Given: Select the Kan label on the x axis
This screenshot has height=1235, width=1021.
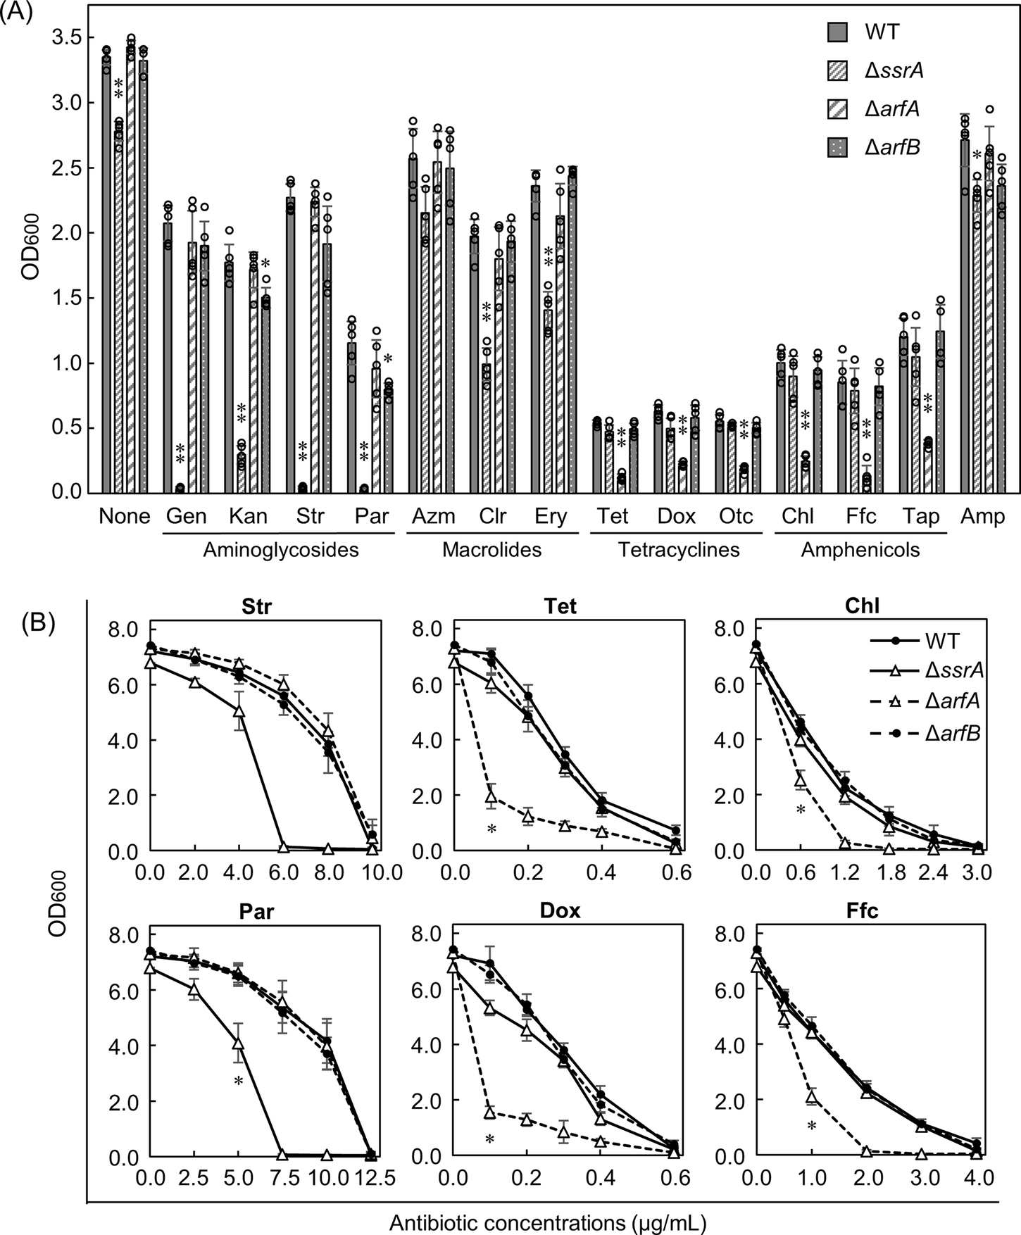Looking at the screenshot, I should tap(248, 516).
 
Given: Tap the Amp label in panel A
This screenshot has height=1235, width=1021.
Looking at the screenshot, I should tap(982, 516).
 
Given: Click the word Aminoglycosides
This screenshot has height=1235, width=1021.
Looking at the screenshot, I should tap(280, 550).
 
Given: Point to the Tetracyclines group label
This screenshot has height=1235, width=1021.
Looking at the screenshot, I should tap(678, 550).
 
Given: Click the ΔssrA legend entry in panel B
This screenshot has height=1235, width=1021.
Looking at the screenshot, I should tap(954, 670).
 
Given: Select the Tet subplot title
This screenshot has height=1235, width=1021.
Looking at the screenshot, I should tap(560, 606).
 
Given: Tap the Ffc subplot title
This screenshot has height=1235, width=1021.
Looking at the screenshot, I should tap(863, 910).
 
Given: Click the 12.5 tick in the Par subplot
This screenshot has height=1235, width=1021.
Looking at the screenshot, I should tap(371, 1179).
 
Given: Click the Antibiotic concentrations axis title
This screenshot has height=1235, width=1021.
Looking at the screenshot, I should tap(548, 1222).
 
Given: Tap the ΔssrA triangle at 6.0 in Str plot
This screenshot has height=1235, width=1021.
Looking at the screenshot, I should tap(284, 848).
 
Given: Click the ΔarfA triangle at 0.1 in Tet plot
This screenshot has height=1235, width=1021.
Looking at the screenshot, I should tap(491, 796).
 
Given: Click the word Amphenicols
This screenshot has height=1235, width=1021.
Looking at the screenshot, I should tap(860, 550).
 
